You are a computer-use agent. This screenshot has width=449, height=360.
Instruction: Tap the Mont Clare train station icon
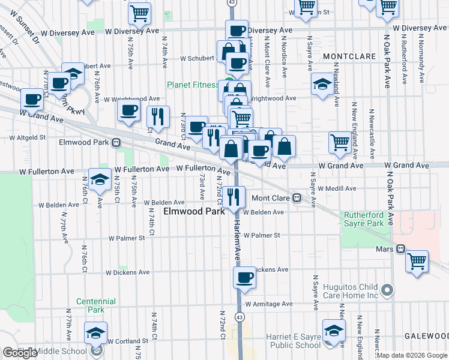coord(297,198)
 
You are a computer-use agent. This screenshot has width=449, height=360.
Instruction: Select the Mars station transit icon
coord(400,248)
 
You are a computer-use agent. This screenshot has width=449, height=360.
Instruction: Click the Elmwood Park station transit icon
coord(116,143)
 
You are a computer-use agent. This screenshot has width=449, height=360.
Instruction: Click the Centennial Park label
coord(91,305)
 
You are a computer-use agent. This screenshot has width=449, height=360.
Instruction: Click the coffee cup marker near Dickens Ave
coord(244,277)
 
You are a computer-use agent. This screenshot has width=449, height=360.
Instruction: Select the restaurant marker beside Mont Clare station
coord(234,196)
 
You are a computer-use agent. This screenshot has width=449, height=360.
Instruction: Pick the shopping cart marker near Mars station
coord(417,261)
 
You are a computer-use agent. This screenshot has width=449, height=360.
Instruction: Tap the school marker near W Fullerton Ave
coord(100,179)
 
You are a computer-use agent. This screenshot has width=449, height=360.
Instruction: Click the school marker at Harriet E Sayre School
coord(334,331)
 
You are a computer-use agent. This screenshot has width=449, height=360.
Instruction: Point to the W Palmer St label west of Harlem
coord(127,238)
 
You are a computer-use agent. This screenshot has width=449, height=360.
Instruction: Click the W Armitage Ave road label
coord(268,304)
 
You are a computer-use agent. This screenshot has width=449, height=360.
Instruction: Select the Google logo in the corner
coord(20,353)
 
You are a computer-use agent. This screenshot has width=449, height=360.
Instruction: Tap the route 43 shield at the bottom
coord(240,316)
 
